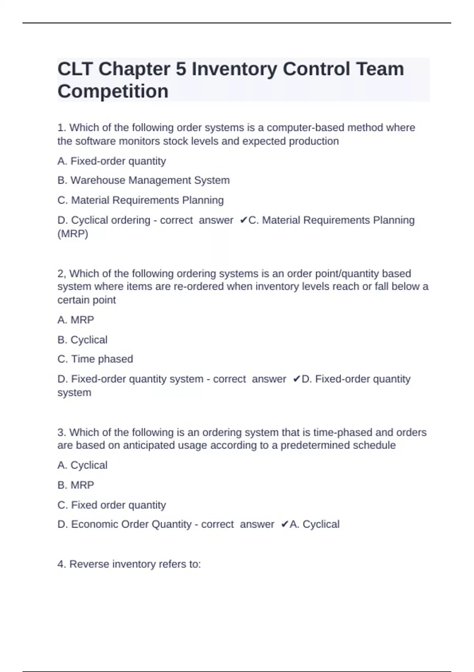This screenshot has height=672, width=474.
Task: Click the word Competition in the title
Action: [113, 91]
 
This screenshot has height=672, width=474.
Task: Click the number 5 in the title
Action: [181, 69]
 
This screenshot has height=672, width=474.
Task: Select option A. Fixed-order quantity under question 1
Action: [111, 161]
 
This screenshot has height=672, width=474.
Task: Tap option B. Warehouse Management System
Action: [143, 180]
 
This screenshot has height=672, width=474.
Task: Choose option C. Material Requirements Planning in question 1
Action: [140, 200]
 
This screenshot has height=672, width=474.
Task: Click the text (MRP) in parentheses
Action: [73, 234]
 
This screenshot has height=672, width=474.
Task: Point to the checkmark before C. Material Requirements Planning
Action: [243, 220]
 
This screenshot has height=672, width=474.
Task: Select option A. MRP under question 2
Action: [75, 320]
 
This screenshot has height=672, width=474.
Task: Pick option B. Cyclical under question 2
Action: [82, 340]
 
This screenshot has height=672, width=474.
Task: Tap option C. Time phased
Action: [95, 359]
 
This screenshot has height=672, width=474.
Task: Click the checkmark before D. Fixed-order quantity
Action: [297, 379]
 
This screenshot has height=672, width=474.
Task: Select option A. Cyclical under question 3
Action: [82, 465]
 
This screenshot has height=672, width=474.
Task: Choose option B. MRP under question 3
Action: [75, 485]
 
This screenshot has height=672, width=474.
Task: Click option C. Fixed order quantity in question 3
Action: [111, 505]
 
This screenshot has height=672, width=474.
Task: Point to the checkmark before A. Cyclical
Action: [284, 525]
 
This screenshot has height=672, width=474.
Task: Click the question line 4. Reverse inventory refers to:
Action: [129, 564]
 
